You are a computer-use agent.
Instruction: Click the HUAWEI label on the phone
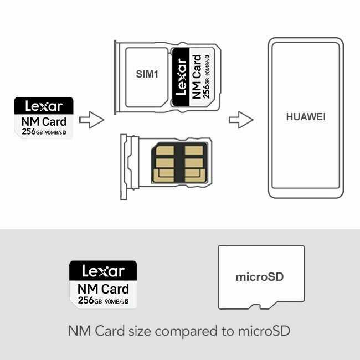(x=306, y=117)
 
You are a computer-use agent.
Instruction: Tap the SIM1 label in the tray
(x=147, y=74)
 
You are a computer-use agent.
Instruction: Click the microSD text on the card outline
(x=260, y=277)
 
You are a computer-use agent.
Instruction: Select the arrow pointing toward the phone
(x=241, y=120)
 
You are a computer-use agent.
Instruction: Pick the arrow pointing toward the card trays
(x=91, y=120)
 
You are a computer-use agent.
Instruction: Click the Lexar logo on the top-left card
(x=44, y=106)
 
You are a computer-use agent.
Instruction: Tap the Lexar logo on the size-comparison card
(x=104, y=271)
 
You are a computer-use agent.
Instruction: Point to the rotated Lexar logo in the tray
(x=181, y=76)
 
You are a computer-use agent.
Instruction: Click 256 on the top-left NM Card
(x=29, y=132)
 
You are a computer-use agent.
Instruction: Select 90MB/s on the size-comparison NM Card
(x=114, y=301)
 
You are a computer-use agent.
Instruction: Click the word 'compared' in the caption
(x=186, y=332)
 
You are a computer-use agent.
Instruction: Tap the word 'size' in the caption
(x=140, y=331)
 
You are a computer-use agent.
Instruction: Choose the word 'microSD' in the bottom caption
(x=264, y=331)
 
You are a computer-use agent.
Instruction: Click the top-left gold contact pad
(x=164, y=151)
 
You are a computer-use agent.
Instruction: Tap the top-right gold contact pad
(x=194, y=151)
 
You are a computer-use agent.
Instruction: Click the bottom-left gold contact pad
(x=163, y=176)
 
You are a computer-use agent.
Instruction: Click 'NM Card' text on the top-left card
(x=44, y=121)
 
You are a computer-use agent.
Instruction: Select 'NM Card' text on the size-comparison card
(x=104, y=289)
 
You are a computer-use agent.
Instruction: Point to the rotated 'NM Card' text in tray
(x=196, y=76)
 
